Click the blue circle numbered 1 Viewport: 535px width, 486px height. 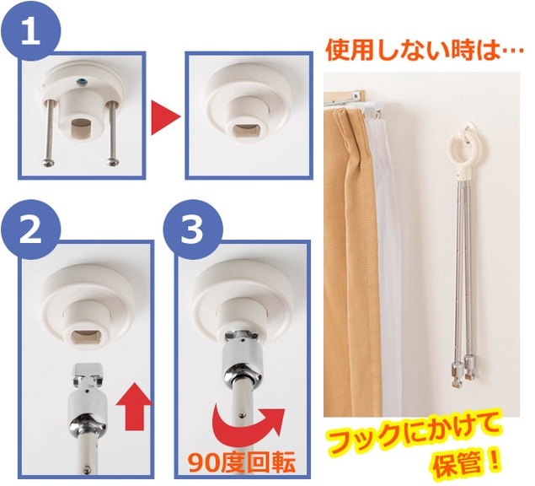tap(31, 31)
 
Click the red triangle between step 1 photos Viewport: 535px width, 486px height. tap(164, 118)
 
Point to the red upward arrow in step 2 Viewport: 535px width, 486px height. tap(133, 407)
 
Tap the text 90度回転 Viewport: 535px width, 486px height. tap(242, 462)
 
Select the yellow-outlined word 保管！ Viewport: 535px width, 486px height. tap(467, 462)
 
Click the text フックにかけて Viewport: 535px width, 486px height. tap(412, 434)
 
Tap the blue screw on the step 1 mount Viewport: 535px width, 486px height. tap(83, 81)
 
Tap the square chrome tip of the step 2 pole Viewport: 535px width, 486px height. tap(87, 370)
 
